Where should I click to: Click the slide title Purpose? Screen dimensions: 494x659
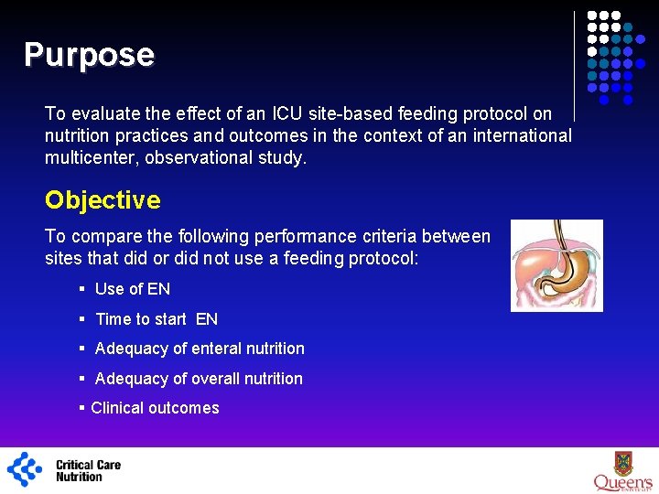coord(89,55)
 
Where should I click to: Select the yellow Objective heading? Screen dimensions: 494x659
coord(103,200)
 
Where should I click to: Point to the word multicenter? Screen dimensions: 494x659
coord(88,157)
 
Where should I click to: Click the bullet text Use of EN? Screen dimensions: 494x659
coord(132,289)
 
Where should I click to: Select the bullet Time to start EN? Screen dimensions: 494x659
coord(157,319)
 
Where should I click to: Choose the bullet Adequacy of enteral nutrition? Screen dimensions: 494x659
coord(200,349)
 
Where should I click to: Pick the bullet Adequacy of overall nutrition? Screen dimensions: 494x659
coord(199,379)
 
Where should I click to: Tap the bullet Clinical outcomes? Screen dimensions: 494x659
coord(155,408)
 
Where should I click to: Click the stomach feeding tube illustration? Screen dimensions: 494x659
coord(556,265)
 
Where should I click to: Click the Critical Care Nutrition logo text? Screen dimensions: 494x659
coord(88,470)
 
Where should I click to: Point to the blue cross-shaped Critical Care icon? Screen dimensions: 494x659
coord(25,469)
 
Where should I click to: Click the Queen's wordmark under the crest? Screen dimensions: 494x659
coord(622,482)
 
